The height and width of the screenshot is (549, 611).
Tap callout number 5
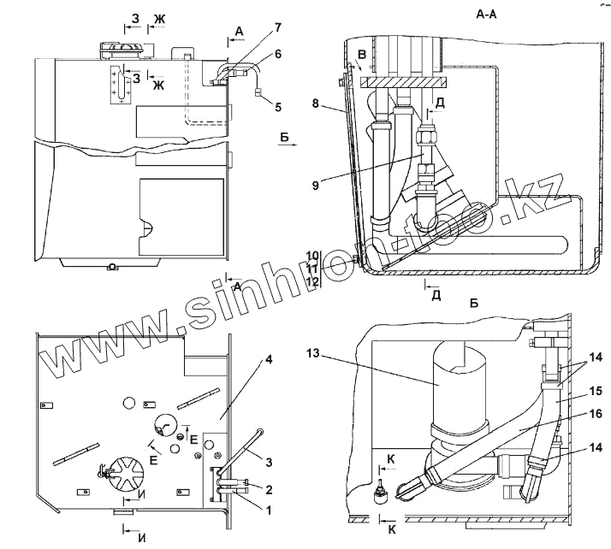(x=277, y=106)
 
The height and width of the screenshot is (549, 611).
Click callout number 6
(x=278, y=54)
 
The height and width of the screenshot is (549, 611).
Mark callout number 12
(x=313, y=282)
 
